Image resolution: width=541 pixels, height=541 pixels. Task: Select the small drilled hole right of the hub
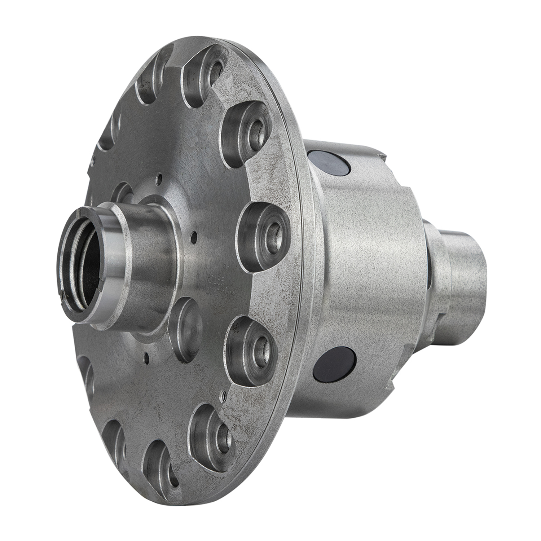(194, 237)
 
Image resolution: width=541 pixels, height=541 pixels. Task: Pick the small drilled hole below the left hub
(146, 357)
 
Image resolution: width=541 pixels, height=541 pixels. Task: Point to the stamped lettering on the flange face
(227, 285)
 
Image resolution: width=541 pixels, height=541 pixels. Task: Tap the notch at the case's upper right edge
(381, 155)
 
